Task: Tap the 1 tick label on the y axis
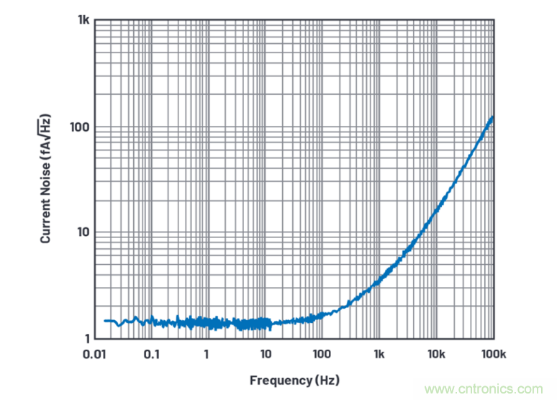pos(86,338)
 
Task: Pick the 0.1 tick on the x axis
pos(151,354)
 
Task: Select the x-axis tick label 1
pos(207,354)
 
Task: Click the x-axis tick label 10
pos(265,354)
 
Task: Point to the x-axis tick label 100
pos(322,354)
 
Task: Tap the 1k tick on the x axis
pos(379,354)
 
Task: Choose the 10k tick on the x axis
pos(436,354)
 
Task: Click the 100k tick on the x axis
pos(492,354)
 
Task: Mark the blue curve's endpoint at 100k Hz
pos(493,117)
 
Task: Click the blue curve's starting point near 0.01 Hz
pos(105,321)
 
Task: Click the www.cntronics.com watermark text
pos(489,389)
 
